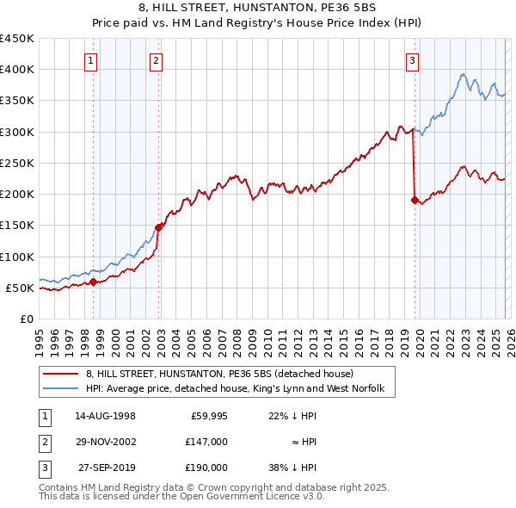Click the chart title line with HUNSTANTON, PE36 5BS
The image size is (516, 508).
coord(258,10)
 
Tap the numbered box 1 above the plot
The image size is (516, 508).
coord(91,60)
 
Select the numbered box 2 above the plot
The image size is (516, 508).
coord(156,60)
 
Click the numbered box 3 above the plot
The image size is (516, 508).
coord(413,60)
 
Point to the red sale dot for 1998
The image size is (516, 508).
coord(94,282)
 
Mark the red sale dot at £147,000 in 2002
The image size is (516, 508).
coord(159,227)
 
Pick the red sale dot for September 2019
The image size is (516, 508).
coord(415,201)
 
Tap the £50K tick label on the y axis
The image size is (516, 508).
coord(21,288)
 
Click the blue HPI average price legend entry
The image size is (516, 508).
coord(240,390)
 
